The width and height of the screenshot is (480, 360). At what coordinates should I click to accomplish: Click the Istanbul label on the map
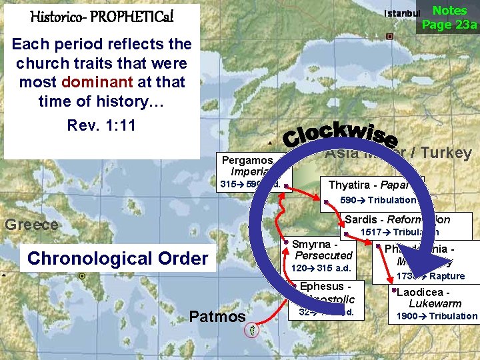(x=402, y=13)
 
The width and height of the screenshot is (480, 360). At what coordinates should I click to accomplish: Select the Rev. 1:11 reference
(x=101, y=126)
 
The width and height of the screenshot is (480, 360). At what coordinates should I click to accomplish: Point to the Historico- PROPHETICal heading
(x=102, y=16)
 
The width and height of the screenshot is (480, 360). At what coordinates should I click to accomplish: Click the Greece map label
(x=31, y=224)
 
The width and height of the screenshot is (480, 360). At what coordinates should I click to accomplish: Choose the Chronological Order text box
(x=118, y=258)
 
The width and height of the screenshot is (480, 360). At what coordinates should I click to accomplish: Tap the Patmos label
(x=217, y=316)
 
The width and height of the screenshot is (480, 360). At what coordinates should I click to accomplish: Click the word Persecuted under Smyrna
(x=323, y=255)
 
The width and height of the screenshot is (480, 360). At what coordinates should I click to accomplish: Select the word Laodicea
(x=419, y=293)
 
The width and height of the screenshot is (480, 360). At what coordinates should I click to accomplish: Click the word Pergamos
(x=247, y=160)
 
